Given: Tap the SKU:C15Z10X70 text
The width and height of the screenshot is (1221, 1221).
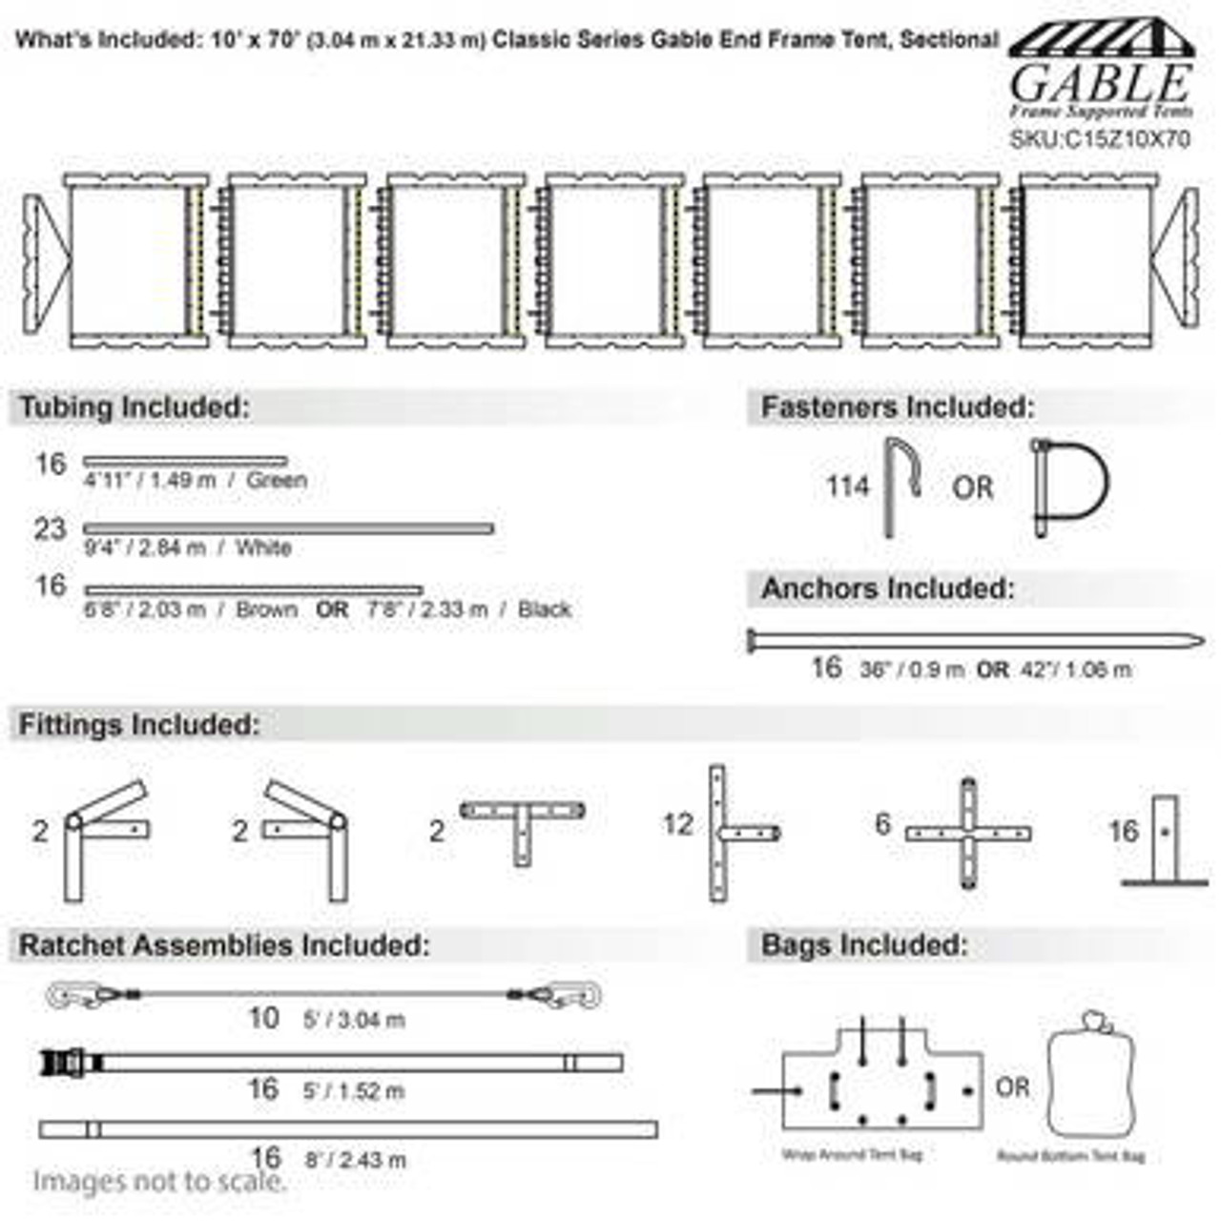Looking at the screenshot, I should (x=1100, y=139).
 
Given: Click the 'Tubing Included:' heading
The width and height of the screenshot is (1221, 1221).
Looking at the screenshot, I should (x=135, y=407).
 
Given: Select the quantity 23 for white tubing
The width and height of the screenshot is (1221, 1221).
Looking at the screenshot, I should (x=50, y=529).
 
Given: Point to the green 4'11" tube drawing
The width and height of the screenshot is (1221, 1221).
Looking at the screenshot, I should (x=185, y=462).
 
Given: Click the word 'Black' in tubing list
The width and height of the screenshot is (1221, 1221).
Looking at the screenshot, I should (x=545, y=610).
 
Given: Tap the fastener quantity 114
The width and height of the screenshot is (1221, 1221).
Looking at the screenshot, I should (x=848, y=486).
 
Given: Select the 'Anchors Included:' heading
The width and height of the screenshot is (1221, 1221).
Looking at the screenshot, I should (x=887, y=589).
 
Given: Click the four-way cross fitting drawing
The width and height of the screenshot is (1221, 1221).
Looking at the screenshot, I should (x=968, y=833).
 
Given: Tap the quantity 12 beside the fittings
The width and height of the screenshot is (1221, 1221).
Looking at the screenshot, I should (x=678, y=823).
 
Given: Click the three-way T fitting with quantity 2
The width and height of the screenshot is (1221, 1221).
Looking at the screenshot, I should (x=522, y=826).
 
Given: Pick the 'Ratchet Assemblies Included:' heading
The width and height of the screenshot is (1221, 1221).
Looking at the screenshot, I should (x=224, y=945).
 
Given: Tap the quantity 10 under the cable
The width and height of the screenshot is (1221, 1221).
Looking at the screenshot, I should (x=263, y=1018).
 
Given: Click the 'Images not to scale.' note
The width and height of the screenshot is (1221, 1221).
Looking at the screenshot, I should (x=159, y=1182).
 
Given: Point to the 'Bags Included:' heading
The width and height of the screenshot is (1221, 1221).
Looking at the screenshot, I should (x=864, y=945).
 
